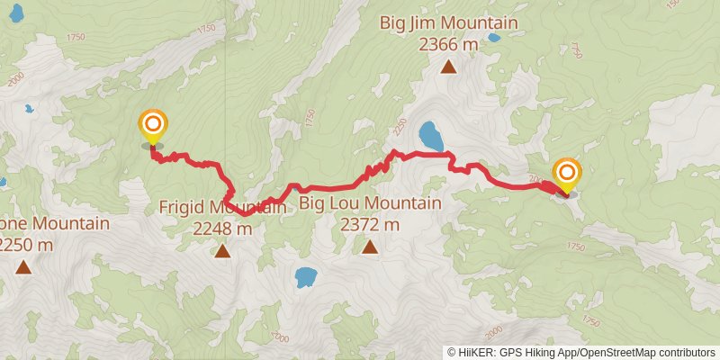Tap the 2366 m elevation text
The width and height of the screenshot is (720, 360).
tap(448, 43)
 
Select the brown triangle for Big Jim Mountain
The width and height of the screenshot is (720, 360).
tap(448, 66)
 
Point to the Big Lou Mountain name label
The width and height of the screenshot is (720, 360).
tap(370, 203)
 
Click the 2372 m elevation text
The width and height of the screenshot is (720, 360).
tap(370, 224)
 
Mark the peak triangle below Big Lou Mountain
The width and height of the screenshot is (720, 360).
tap(370, 246)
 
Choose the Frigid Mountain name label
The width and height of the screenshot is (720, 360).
tap(222, 208)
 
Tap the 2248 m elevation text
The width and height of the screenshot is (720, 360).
tap(222, 229)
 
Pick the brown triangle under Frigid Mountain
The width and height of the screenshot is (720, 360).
tap(222, 250)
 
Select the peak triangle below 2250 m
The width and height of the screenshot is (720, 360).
tap(23, 265)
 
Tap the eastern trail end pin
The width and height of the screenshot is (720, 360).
tap(567, 175)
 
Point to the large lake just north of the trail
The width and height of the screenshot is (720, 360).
tap(431, 136)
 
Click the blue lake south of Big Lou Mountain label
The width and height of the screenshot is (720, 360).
tap(305, 276)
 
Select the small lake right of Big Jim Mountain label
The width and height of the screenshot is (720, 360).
tap(494, 39)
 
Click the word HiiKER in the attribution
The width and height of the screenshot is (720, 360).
tap(474, 352)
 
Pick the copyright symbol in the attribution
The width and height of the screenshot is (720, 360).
tap(453, 352)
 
